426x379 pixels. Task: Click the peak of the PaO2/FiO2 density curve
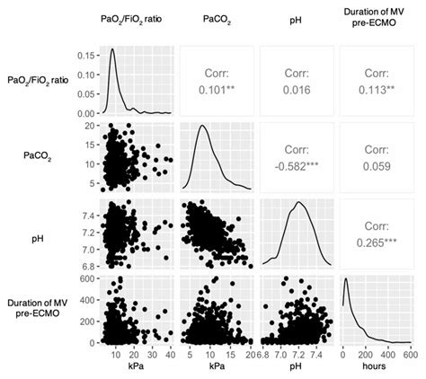(113, 48)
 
